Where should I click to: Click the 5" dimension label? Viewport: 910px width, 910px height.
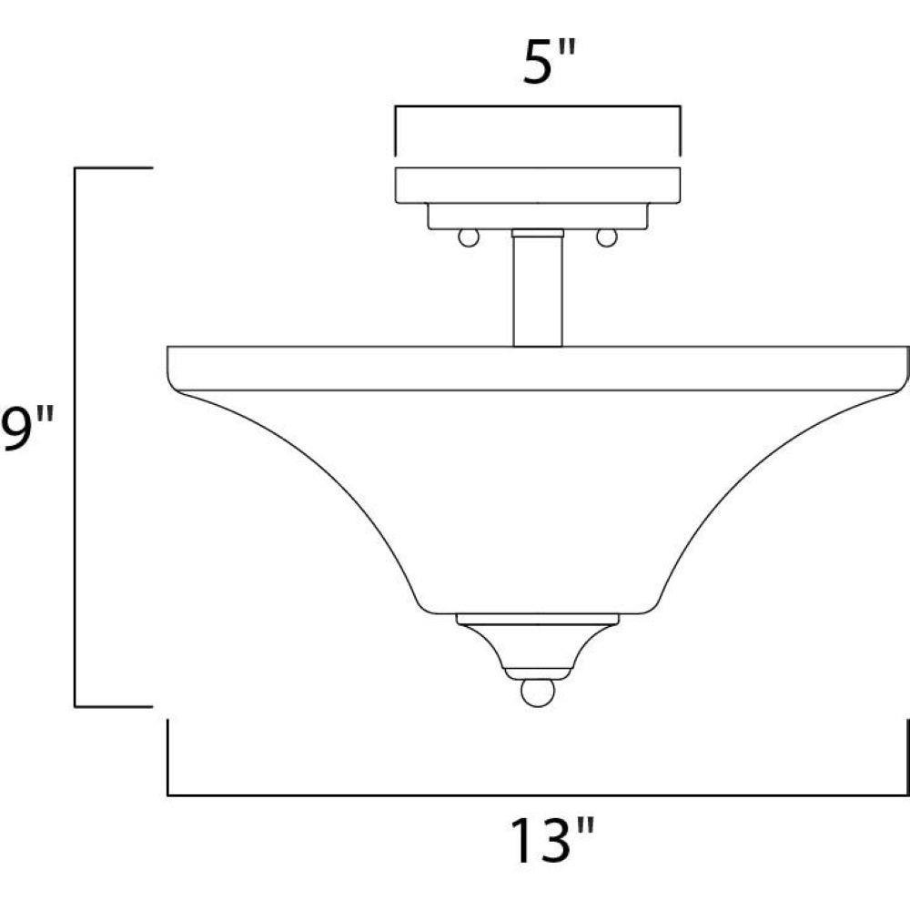click(549, 62)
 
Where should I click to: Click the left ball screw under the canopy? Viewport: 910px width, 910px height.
click(469, 238)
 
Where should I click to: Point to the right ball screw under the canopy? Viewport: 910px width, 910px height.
click(606, 238)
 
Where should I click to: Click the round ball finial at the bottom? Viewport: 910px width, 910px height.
click(538, 693)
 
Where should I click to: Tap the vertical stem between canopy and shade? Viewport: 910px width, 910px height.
click(538, 292)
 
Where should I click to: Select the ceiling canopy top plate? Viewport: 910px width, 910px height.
click(538, 185)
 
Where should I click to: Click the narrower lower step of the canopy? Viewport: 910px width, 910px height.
click(538, 216)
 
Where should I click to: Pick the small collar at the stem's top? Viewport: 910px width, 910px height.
click(538, 233)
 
